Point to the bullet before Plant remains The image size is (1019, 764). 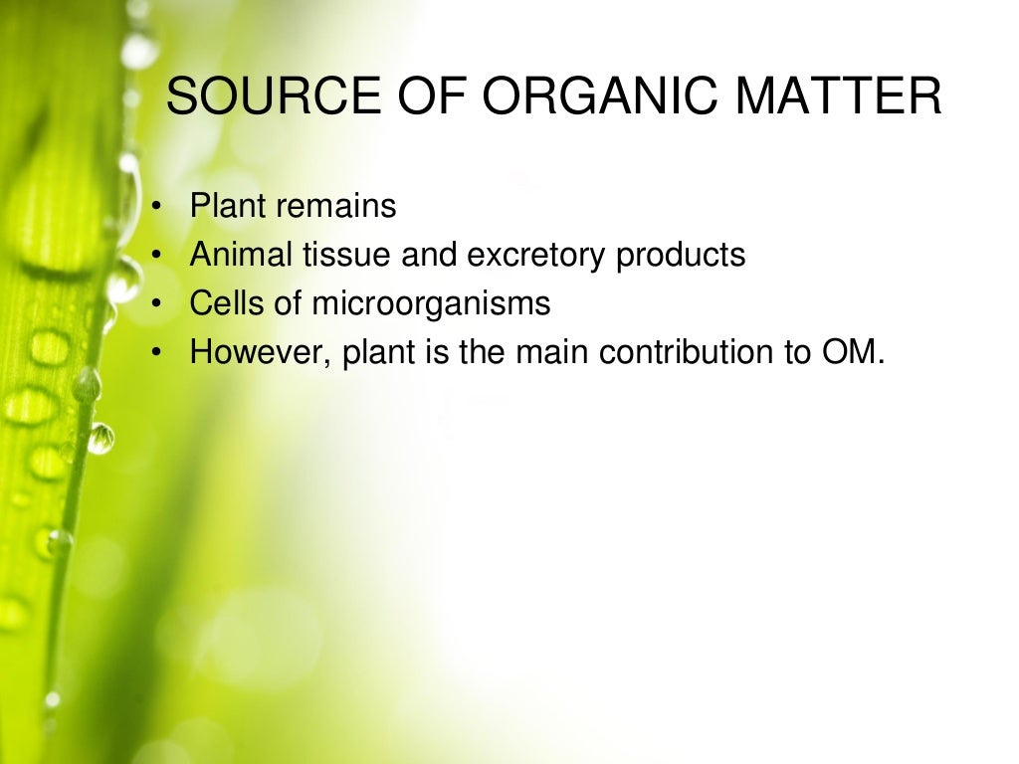tap(157, 207)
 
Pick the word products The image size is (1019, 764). tap(681, 256)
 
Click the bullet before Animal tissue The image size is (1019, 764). tap(157, 256)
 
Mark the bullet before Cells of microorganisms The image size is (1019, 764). tap(157, 303)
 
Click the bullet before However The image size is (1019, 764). tap(157, 352)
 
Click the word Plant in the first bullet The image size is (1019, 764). tap(229, 207)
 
